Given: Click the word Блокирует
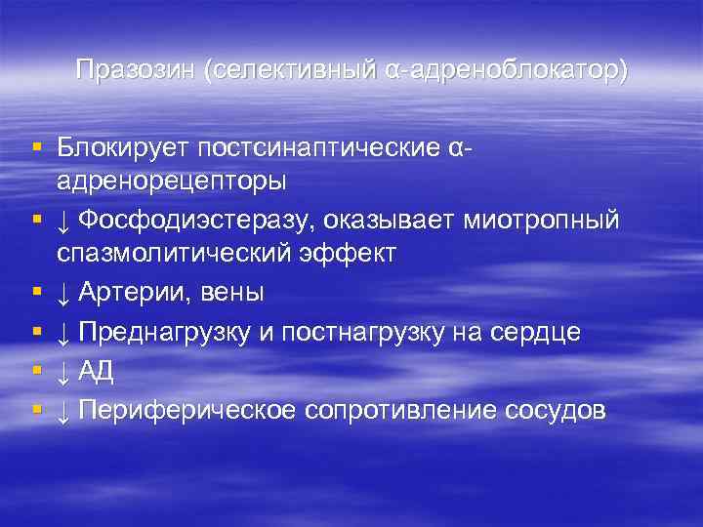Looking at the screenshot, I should tap(123, 148).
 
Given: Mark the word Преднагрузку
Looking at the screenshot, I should tap(169, 332).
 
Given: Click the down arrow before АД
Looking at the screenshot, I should tap(63, 372).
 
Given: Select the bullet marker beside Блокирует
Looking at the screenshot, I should tap(36, 146).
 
